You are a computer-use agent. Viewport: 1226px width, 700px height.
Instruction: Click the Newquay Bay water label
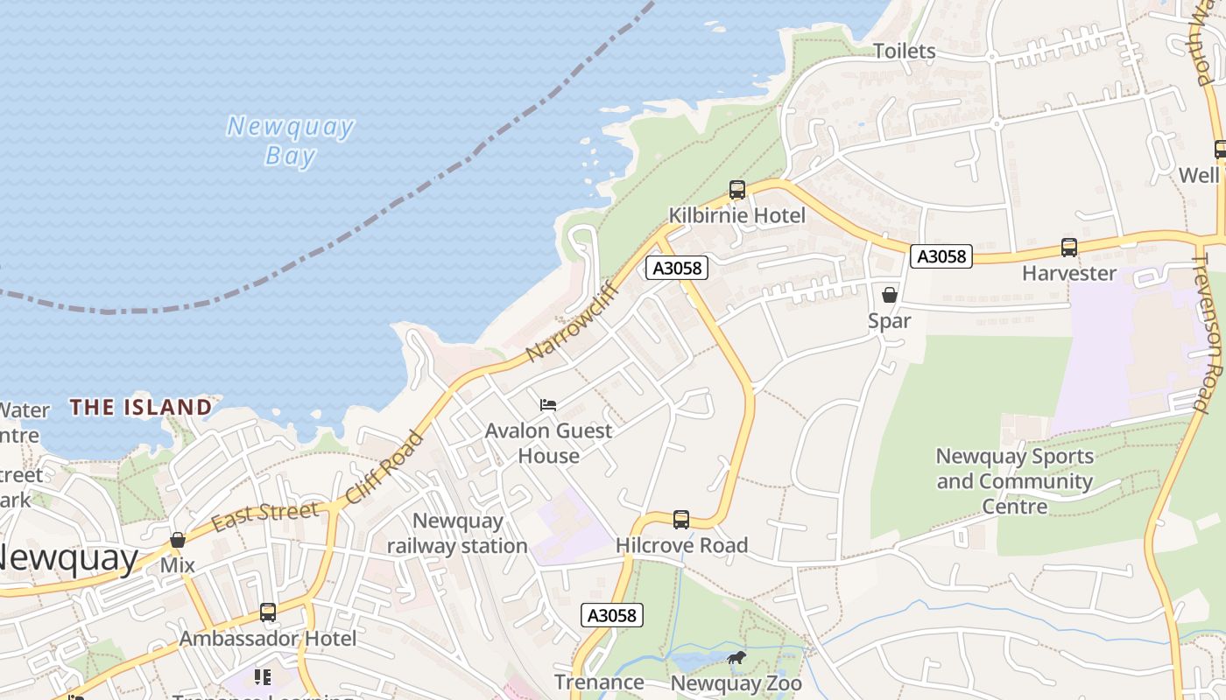[290, 141]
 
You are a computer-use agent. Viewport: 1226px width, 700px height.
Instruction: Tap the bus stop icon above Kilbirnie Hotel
[737, 190]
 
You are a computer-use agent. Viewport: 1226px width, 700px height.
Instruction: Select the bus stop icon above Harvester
[1069, 248]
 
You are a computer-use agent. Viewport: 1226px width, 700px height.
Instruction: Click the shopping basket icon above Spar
[890, 295]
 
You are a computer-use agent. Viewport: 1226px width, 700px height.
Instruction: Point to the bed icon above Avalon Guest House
[548, 404]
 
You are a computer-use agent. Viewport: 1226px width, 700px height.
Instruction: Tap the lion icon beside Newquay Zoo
[736, 657]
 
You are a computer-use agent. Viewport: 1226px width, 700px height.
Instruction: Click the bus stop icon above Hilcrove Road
[681, 520]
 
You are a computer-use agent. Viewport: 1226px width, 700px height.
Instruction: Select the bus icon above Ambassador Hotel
[268, 612]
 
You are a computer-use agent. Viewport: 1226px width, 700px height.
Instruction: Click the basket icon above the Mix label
[178, 540]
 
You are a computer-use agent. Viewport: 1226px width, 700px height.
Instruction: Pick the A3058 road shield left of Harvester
[941, 256]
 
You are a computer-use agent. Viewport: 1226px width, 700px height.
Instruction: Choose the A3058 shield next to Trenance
[612, 615]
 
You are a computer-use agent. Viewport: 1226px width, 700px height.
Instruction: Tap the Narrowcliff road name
[573, 322]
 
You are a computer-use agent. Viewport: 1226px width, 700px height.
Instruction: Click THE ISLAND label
[141, 407]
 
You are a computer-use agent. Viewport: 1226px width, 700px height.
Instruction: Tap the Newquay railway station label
[457, 534]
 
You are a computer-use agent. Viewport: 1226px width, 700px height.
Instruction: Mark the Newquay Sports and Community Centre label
[1015, 481]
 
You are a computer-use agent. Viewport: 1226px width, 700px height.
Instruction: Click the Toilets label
[905, 52]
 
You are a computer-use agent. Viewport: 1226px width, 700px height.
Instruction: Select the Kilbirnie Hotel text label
[737, 215]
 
